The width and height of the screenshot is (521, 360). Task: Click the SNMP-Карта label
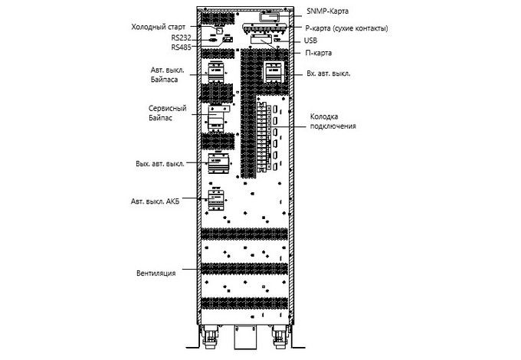[327, 11]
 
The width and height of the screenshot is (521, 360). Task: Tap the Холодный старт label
[158, 27]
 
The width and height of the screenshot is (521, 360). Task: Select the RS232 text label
[181, 38]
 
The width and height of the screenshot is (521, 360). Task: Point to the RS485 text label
[181, 47]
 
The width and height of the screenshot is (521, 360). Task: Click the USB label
[310, 41]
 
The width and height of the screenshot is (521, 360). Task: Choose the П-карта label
[318, 53]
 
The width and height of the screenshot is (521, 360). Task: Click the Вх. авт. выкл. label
[328, 74]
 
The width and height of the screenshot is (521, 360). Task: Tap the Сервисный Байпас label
[168, 113]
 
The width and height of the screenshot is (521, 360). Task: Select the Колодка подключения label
[333, 121]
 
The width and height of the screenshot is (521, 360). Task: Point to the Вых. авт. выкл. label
[160, 164]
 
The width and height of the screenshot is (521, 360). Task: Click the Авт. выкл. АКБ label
[156, 201]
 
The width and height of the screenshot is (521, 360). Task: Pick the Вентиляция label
[156, 273]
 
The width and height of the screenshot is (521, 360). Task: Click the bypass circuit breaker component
[217, 73]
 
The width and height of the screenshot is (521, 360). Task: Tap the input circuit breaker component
[274, 71]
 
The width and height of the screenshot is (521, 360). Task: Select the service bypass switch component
[218, 118]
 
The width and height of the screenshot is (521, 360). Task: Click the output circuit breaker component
[218, 162]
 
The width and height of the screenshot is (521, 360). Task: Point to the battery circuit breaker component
[216, 199]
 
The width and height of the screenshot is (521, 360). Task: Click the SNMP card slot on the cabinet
[270, 16]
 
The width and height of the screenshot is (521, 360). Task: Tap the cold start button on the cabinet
[219, 30]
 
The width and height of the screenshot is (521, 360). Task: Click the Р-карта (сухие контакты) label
[346, 28]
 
